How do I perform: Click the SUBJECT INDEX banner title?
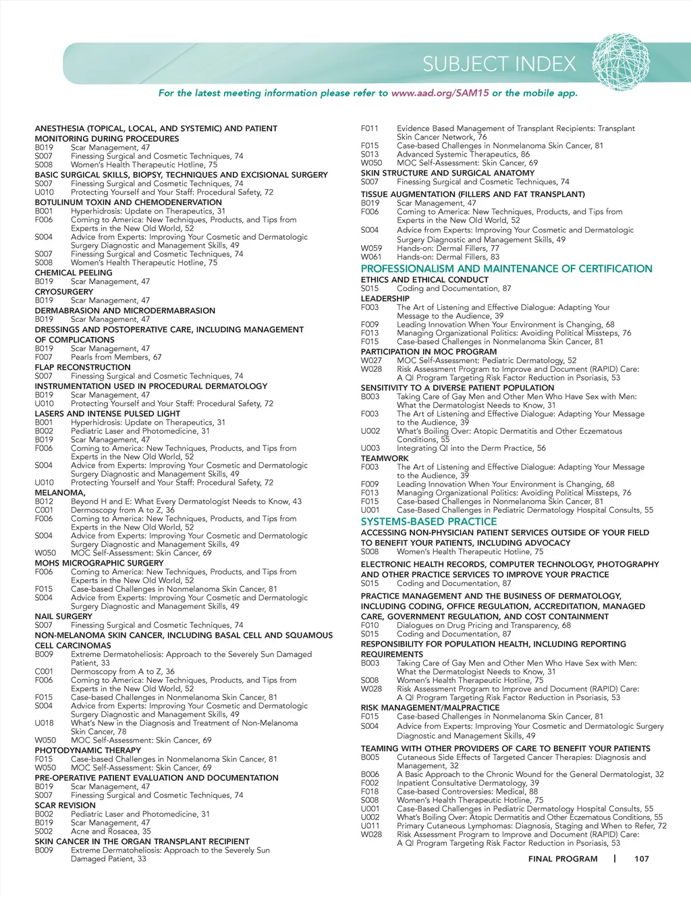[x=499, y=64]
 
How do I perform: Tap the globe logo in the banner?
[x=621, y=63]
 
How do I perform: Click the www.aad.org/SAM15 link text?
[x=440, y=93]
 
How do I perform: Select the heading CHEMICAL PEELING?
[x=74, y=273]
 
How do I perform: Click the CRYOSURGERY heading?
[x=64, y=292]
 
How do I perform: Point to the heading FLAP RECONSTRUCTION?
[x=83, y=367]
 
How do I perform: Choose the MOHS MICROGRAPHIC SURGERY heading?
[x=99, y=563]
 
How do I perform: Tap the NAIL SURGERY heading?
[x=63, y=616]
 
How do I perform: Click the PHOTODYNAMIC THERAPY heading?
[x=88, y=750]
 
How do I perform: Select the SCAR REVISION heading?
[x=65, y=805]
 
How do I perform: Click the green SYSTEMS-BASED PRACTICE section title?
[x=429, y=522]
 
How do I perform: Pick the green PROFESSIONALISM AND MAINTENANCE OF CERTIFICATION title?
[x=506, y=269]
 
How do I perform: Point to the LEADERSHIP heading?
[x=385, y=298]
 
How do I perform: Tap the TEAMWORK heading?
[x=385, y=458]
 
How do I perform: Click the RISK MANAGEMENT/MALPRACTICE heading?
[x=430, y=707]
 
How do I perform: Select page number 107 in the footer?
[x=641, y=859]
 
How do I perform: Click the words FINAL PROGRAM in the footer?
[x=563, y=859]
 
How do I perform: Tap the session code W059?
[x=371, y=248]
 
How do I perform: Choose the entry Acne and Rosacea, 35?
[x=111, y=832]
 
